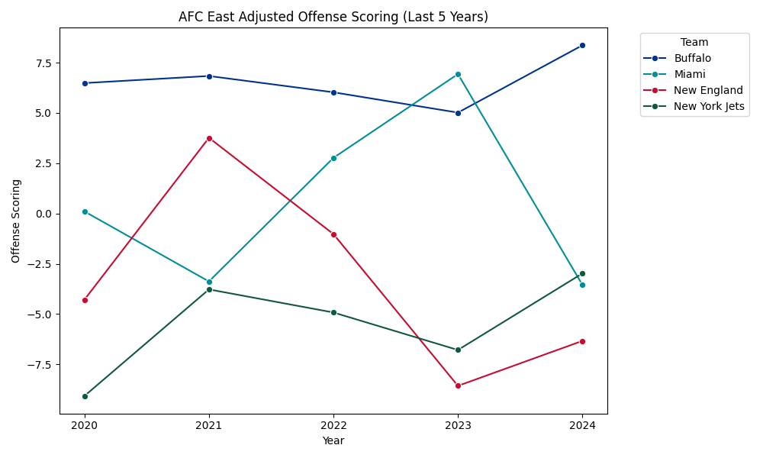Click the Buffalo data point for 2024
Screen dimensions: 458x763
[582, 46]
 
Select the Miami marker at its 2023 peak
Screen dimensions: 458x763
[458, 74]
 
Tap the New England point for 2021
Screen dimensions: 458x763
[209, 138]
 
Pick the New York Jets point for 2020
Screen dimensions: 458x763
[85, 396]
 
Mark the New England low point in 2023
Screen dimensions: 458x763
[458, 385]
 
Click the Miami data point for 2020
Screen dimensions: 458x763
[85, 211]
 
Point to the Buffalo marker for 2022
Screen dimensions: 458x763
[333, 92]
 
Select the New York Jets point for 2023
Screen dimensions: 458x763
[458, 350]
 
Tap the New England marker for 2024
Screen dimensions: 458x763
[582, 341]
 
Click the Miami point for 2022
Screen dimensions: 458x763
[333, 158]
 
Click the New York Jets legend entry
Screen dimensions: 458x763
[708, 106]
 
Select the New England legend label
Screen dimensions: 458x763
[708, 90]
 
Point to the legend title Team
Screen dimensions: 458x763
[694, 43]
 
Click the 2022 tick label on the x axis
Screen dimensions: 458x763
[333, 425]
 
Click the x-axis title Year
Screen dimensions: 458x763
[333, 440]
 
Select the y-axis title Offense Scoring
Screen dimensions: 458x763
[16, 221]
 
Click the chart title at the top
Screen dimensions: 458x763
[333, 17]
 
